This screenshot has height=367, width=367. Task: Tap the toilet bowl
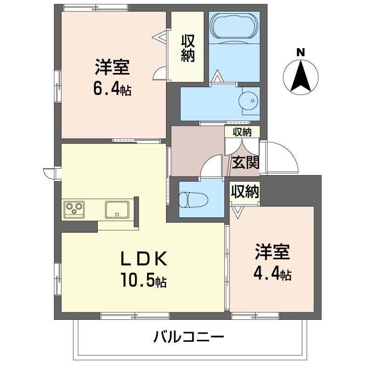click(x=193, y=200)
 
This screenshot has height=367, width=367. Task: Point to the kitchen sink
click(x=117, y=209)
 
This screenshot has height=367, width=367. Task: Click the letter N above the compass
click(x=300, y=52)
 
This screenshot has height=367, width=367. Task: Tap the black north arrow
click(x=301, y=76)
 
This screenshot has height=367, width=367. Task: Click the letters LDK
click(x=144, y=258)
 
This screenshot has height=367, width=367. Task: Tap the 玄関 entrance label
click(x=245, y=162)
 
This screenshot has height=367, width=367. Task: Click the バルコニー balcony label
click(x=189, y=337)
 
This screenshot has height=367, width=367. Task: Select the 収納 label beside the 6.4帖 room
click(x=188, y=48)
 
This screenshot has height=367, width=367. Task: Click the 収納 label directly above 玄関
click(x=242, y=132)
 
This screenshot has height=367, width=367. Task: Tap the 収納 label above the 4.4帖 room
click(x=245, y=191)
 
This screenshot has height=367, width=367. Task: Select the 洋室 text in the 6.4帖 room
click(x=112, y=67)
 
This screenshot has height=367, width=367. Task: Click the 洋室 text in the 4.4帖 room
click(x=272, y=251)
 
